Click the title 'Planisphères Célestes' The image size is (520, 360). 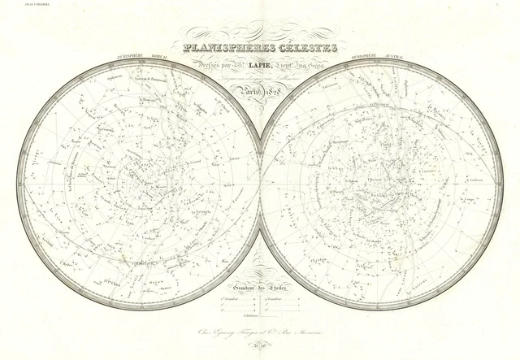coord(260,48)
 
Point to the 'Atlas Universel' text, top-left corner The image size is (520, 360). coord(16,4)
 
